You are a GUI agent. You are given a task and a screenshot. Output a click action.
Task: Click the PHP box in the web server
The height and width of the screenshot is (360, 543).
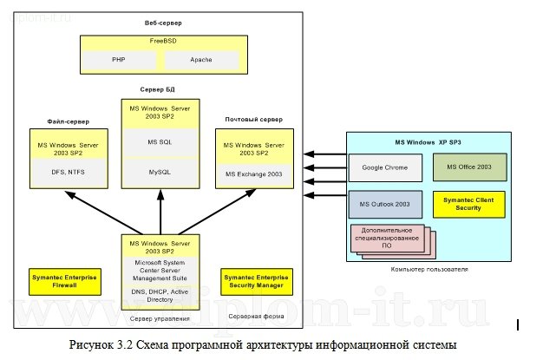(x=119, y=61)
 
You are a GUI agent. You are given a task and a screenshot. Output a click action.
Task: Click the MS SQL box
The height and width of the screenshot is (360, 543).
(x=159, y=141)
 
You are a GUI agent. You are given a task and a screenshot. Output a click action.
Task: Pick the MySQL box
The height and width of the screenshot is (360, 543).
(x=159, y=173)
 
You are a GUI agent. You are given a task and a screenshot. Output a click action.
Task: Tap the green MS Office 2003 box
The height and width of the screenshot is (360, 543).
(x=468, y=166)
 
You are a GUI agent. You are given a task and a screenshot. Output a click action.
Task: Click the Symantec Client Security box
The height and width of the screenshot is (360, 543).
(x=468, y=205)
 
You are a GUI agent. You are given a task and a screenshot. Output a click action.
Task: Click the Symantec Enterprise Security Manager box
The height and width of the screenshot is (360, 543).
(x=256, y=280)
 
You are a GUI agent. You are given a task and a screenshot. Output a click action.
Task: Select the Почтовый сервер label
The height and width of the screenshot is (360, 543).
(x=253, y=119)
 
